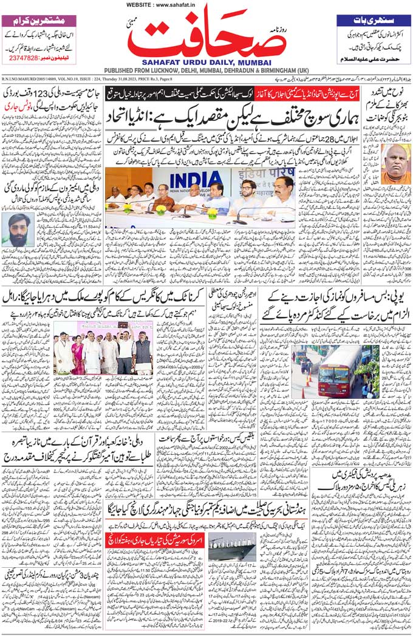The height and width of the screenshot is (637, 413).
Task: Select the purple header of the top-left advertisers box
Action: (x=39, y=19)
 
